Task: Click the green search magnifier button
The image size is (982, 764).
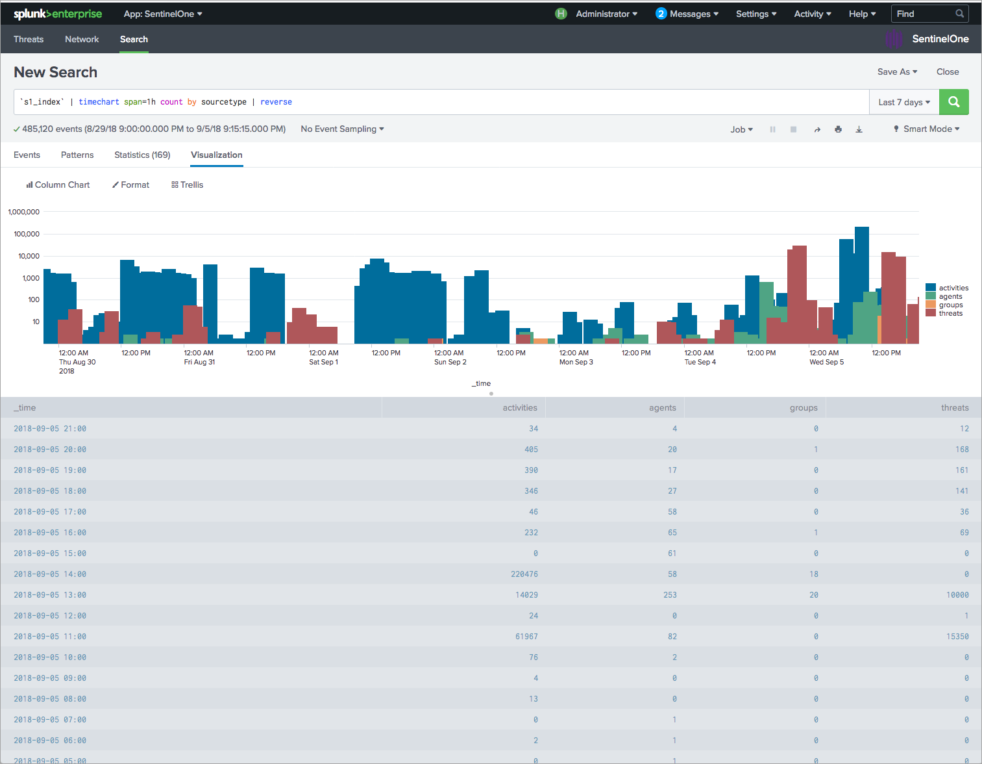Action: pyautogui.click(x=953, y=102)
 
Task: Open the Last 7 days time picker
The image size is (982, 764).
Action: pyautogui.click(x=903, y=102)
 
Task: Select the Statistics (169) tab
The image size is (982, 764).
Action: pyautogui.click(x=142, y=155)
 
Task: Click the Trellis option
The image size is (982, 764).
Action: pyautogui.click(x=188, y=185)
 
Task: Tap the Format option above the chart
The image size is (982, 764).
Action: pyautogui.click(x=131, y=185)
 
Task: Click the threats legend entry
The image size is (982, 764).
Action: pyautogui.click(x=950, y=313)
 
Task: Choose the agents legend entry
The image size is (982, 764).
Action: pyautogui.click(x=950, y=296)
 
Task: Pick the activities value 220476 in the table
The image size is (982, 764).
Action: pyautogui.click(x=524, y=574)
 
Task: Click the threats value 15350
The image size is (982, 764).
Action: pyautogui.click(x=957, y=636)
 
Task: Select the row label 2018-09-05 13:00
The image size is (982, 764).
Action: pyautogui.click(x=50, y=594)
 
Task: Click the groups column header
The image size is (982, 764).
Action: pyautogui.click(x=803, y=407)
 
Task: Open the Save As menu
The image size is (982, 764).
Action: pyautogui.click(x=897, y=71)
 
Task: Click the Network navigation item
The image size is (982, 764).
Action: pyautogui.click(x=82, y=39)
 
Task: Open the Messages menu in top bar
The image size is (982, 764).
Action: pyautogui.click(x=687, y=14)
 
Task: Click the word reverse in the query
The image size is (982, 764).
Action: pyautogui.click(x=276, y=102)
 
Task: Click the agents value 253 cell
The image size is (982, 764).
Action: pyautogui.click(x=669, y=594)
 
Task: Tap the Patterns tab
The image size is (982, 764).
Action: pyautogui.click(x=77, y=155)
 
